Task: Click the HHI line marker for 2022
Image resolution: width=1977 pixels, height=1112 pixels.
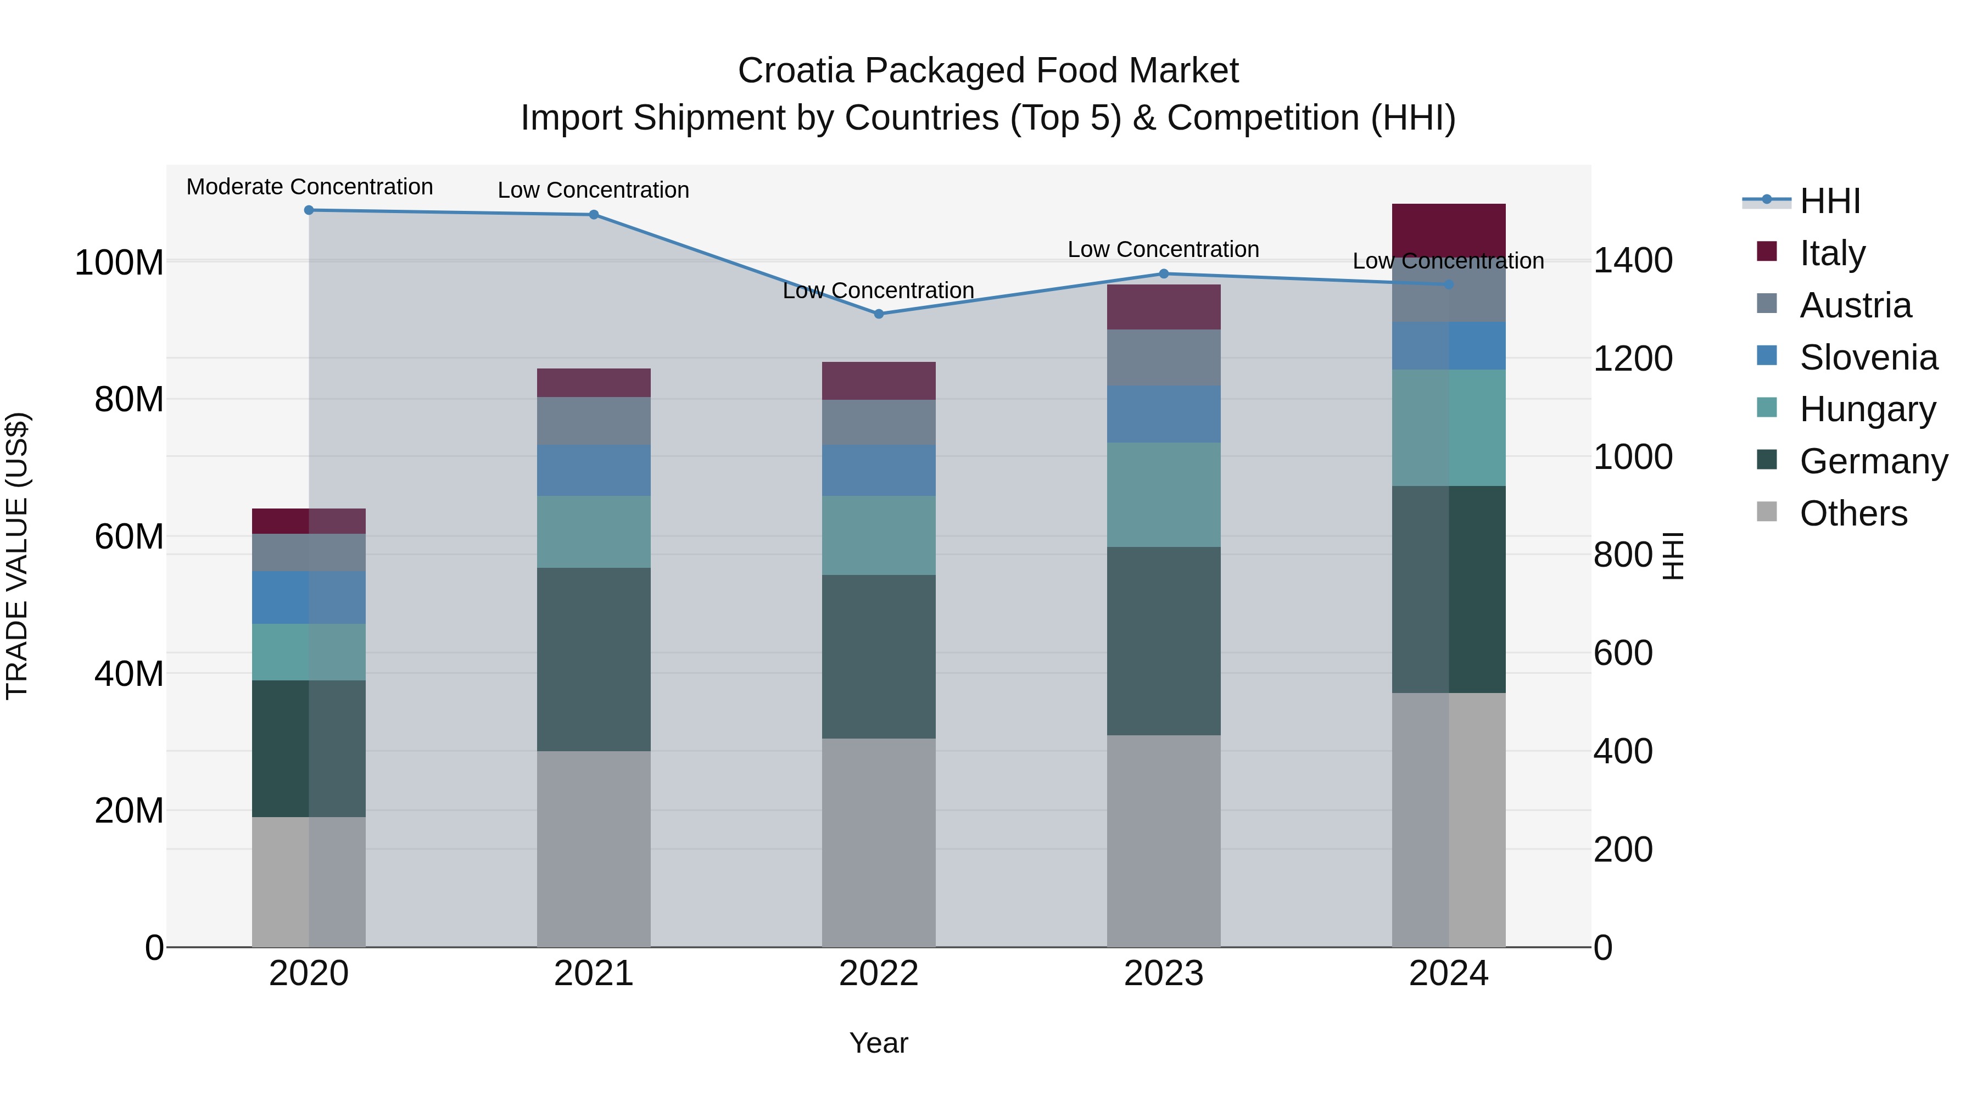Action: coord(879,314)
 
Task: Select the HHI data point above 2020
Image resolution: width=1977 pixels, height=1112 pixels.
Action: coord(309,210)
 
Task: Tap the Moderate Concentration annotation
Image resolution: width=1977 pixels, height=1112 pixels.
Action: coord(309,187)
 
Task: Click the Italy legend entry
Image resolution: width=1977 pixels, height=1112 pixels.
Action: coord(1832,253)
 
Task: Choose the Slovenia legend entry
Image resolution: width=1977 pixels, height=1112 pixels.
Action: coord(1868,357)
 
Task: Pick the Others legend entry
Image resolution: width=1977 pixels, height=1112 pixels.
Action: coord(1853,513)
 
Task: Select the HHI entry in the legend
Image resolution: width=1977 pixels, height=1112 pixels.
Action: coord(1830,201)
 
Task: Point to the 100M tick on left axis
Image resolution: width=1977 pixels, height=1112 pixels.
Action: coord(119,263)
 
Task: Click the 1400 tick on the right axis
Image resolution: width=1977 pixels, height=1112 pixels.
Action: coord(1633,261)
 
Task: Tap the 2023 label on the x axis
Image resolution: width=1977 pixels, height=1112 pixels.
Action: coord(1164,974)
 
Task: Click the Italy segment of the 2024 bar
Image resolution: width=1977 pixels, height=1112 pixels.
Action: coord(1448,230)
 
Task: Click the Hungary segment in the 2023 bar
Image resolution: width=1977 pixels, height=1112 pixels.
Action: coord(1164,494)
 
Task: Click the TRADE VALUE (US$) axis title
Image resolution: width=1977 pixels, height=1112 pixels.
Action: coord(17,556)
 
